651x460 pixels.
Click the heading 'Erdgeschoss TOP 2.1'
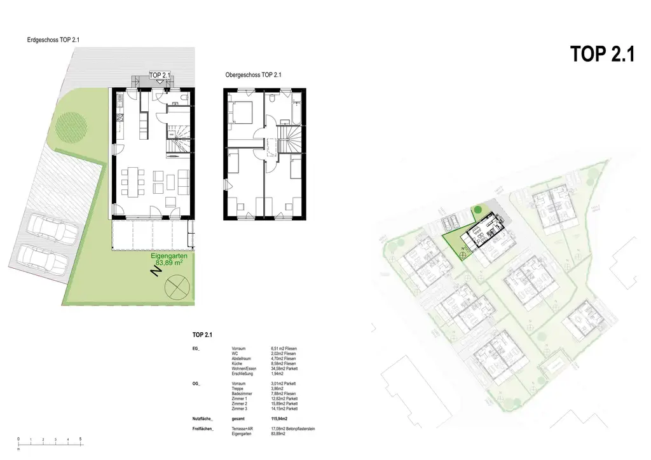(x=58, y=39)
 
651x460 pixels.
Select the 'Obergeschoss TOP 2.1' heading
(x=253, y=75)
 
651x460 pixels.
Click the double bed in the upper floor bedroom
(x=242, y=113)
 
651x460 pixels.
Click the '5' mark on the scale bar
(x=80, y=439)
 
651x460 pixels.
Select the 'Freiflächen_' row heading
(x=203, y=430)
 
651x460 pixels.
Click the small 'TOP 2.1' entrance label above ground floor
(x=160, y=75)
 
